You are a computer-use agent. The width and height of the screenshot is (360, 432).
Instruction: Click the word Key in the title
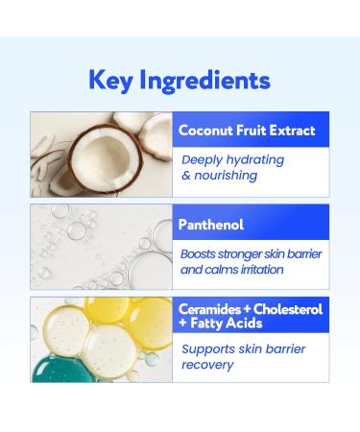tap(110, 80)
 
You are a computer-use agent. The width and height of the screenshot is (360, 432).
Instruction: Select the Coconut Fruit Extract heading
tap(247, 131)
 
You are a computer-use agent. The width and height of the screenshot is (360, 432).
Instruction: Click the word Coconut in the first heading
tap(205, 131)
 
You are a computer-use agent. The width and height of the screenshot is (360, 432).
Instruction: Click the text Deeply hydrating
tap(232, 159)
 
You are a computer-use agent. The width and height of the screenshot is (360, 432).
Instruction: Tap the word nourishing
tap(227, 176)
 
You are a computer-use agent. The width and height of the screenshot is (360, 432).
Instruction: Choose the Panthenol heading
tap(211, 225)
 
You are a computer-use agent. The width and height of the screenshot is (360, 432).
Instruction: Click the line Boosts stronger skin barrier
tap(252, 254)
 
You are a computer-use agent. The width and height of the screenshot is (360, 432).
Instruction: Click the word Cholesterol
tap(287, 310)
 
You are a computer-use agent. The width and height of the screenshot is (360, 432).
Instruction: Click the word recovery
tap(207, 365)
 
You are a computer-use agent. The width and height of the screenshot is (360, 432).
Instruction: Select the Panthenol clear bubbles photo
tap(101, 246)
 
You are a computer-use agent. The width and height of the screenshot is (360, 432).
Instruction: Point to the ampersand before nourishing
tap(186, 176)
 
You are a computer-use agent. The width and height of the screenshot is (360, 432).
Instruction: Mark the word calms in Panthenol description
tap(217, 270)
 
